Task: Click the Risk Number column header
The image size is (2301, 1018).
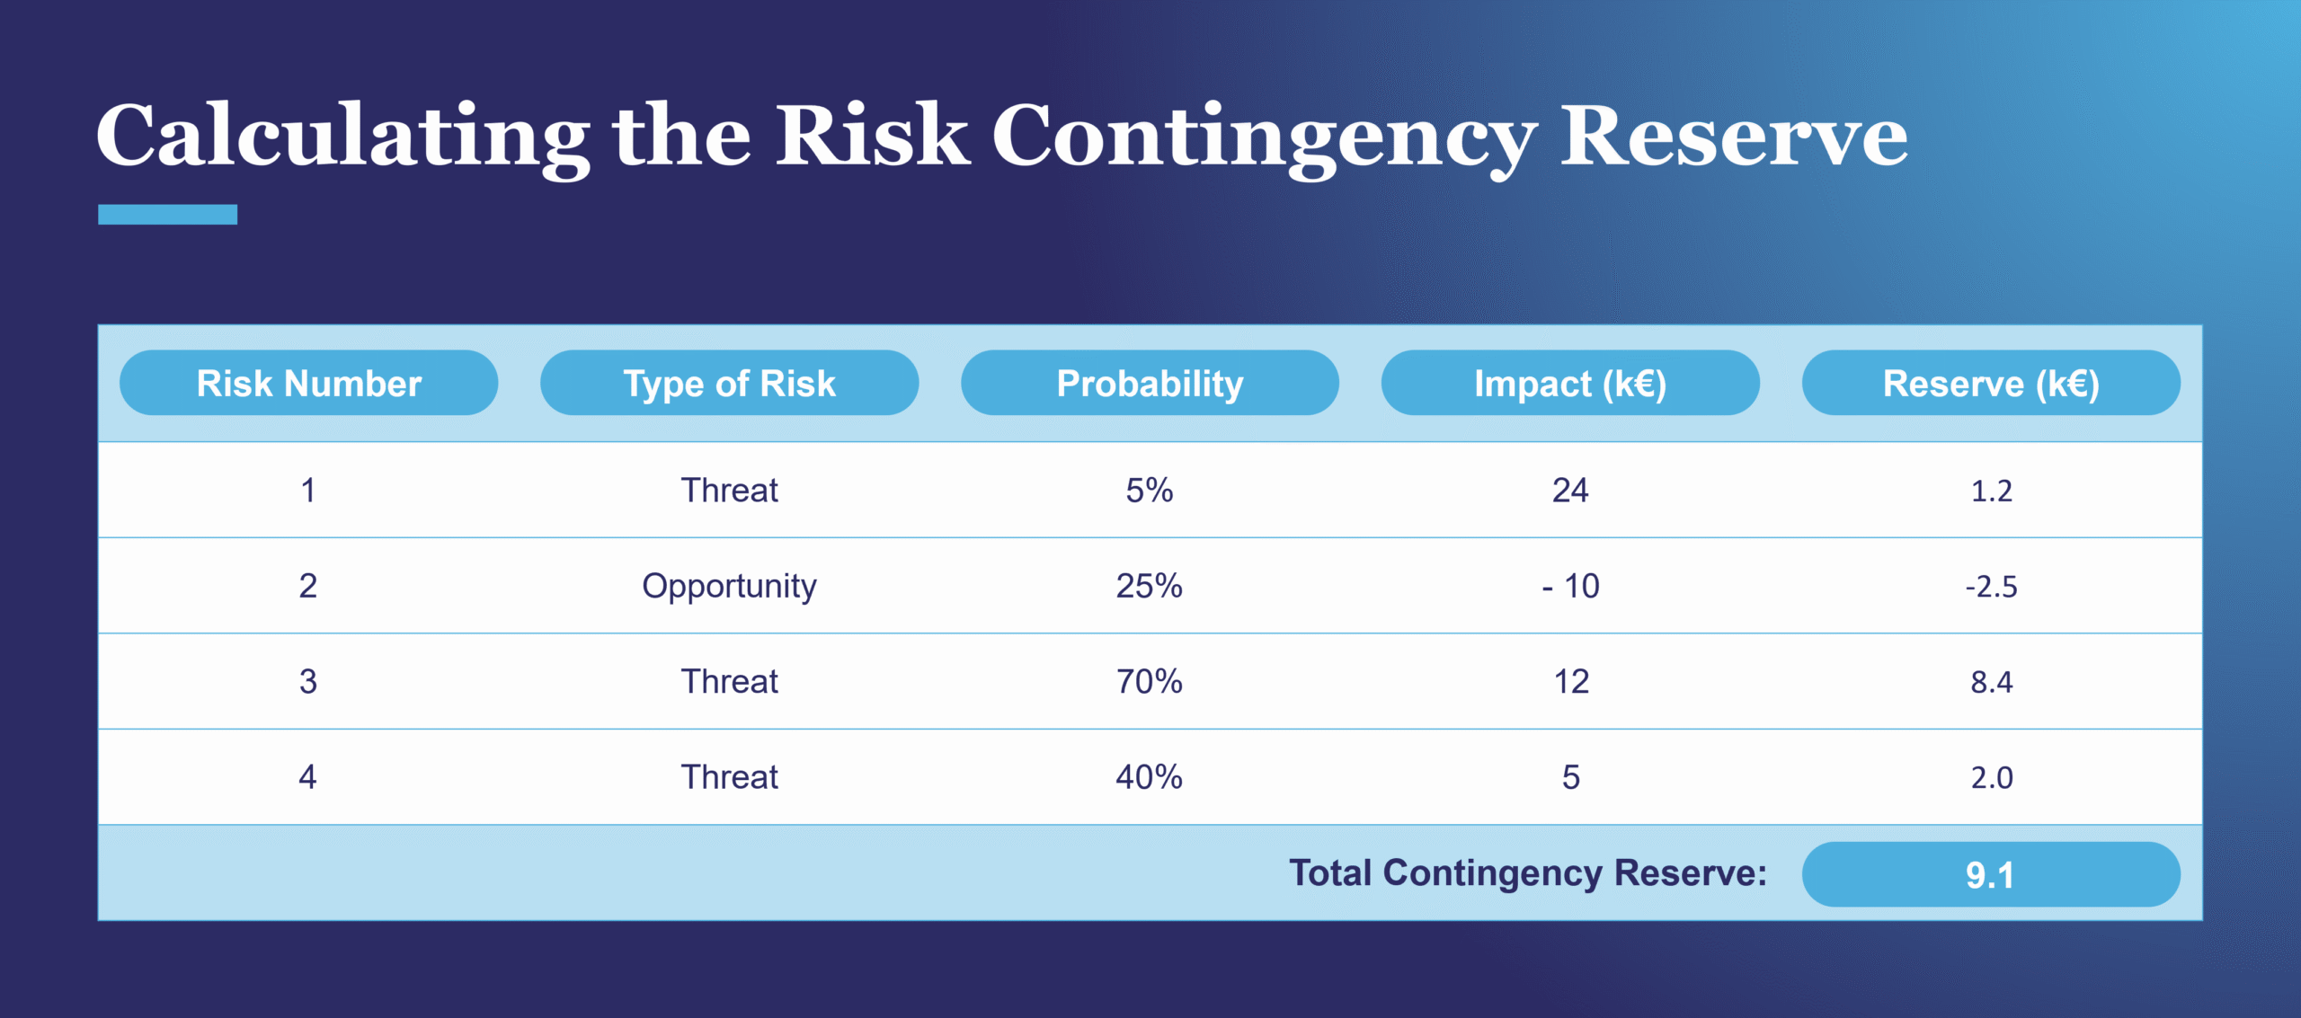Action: pos(308,384)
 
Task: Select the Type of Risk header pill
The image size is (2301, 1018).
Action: pos(729,384)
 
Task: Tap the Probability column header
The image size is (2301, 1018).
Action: pos(1150,384)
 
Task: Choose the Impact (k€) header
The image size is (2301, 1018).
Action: pos(1570,384)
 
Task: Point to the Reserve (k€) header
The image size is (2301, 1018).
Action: pos(1991,384)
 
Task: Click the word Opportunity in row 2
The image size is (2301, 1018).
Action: pos(729,587)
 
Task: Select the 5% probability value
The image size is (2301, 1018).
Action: pos(1150,491)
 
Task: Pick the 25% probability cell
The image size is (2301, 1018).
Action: pos(1150,587)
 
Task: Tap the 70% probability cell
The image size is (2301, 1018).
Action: pos(1150,682)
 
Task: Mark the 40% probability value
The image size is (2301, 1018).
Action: pos(1150,777)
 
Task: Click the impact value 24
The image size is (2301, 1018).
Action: pos(1570,491)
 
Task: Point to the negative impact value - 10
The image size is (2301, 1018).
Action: pos(1570,587)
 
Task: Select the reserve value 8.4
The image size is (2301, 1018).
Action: pos(1991,682)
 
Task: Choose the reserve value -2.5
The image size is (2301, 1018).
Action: pos(1991,587)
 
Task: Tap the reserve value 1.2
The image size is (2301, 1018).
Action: pos(1991,491)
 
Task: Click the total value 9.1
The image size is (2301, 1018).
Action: pos(1991,875)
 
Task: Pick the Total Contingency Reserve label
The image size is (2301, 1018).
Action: pos(1528,873)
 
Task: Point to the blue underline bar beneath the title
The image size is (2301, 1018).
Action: pos(167,215)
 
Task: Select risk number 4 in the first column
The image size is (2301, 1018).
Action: pos(308,777)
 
